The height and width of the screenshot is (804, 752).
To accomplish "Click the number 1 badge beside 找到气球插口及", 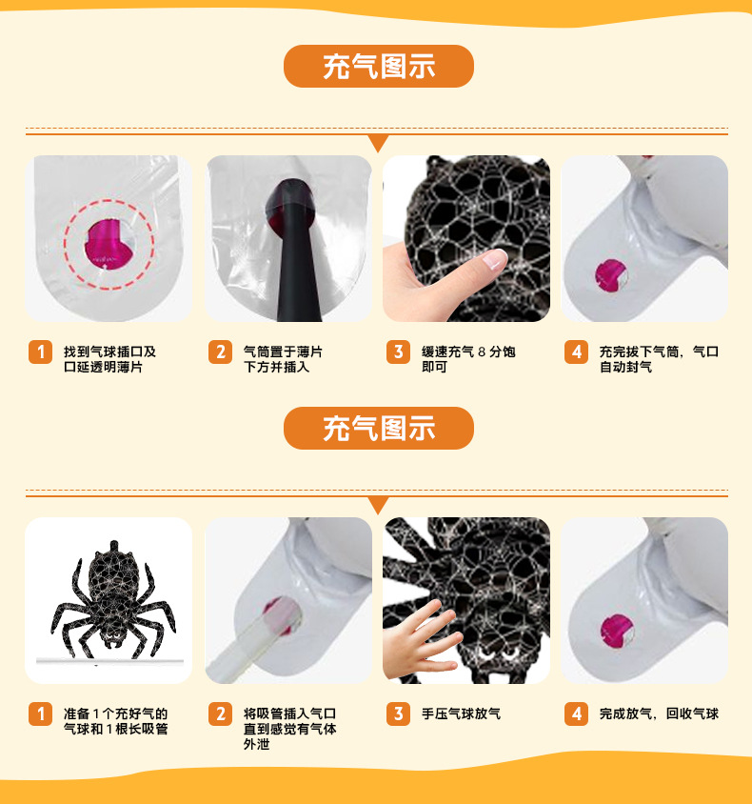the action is tap(41, 352).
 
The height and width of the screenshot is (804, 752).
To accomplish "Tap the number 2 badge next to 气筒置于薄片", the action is tap(220, 352).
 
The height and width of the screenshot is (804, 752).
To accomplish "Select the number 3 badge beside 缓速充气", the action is tap(399, 352).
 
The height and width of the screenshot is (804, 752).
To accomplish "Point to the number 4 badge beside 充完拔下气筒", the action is tap(576, 352).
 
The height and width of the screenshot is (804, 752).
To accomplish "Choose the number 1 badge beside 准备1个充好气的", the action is tap(41, 714).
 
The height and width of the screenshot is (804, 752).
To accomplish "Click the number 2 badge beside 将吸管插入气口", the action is tap(220, 714).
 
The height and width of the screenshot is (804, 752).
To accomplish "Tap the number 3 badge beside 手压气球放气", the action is tap(399, 714).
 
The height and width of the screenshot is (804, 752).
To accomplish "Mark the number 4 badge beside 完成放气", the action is tap(576, 714).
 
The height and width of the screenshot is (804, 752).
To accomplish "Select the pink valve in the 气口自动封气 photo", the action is tap(611, 276).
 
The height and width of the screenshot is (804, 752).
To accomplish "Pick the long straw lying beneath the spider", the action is tap(109, 661).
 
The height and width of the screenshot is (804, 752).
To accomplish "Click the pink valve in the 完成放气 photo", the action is tap(617, 631).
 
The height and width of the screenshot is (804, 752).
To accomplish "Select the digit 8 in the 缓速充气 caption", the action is tap(482, 352).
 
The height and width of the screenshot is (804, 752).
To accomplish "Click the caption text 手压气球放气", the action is tap(461, 714).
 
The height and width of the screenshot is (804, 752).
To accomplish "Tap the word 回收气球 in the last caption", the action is tap(692, 714).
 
